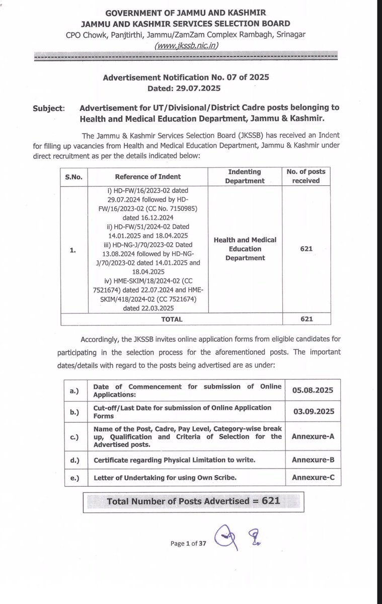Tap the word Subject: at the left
pyautogui.click(x=48, y=108)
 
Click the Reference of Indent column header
pyautogui.click(x=147, y=177)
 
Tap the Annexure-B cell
pyautogui.click(x=313, y=459)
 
